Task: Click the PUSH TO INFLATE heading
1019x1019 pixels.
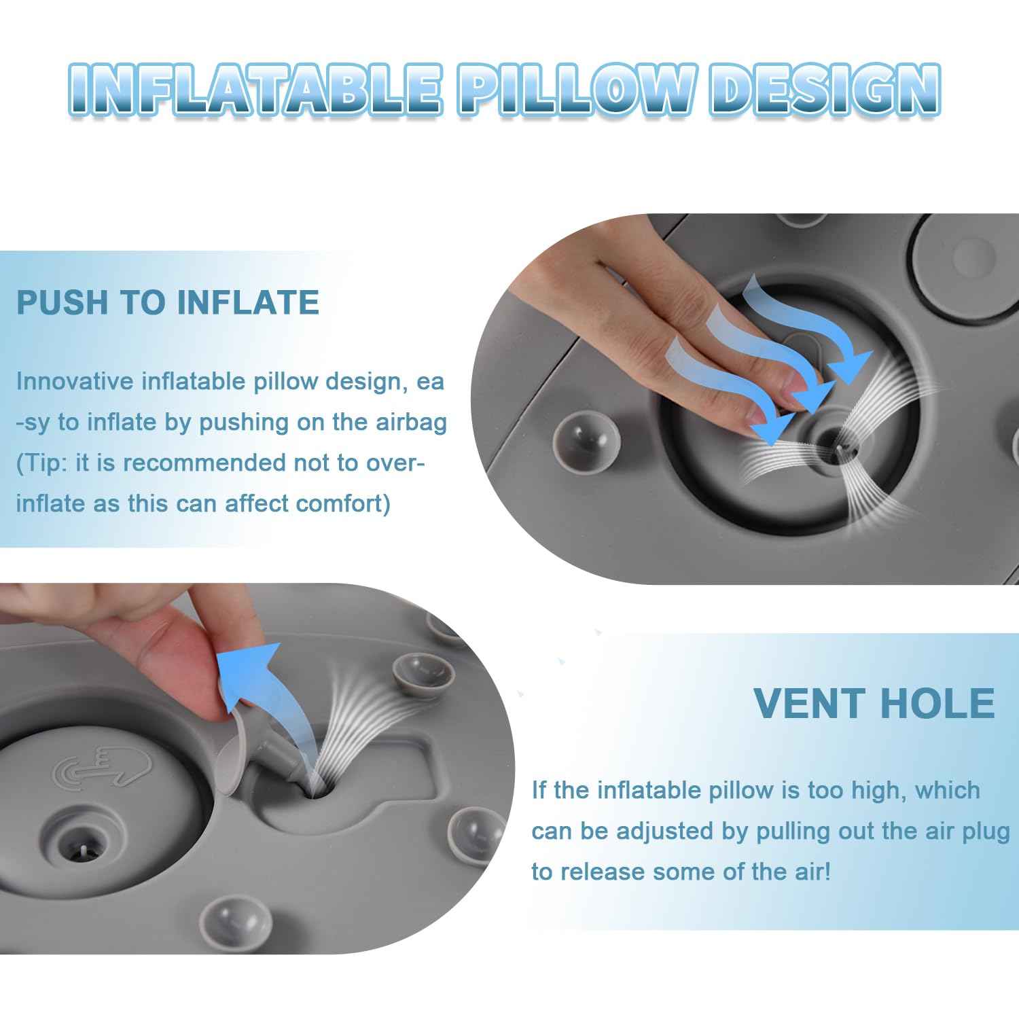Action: (x=168, y=302)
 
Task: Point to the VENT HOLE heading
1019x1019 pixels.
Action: (x=874, y=703)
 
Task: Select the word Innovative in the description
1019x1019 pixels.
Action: (x=75, y=382)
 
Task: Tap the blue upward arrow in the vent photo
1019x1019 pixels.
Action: (x=251, y=673)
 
